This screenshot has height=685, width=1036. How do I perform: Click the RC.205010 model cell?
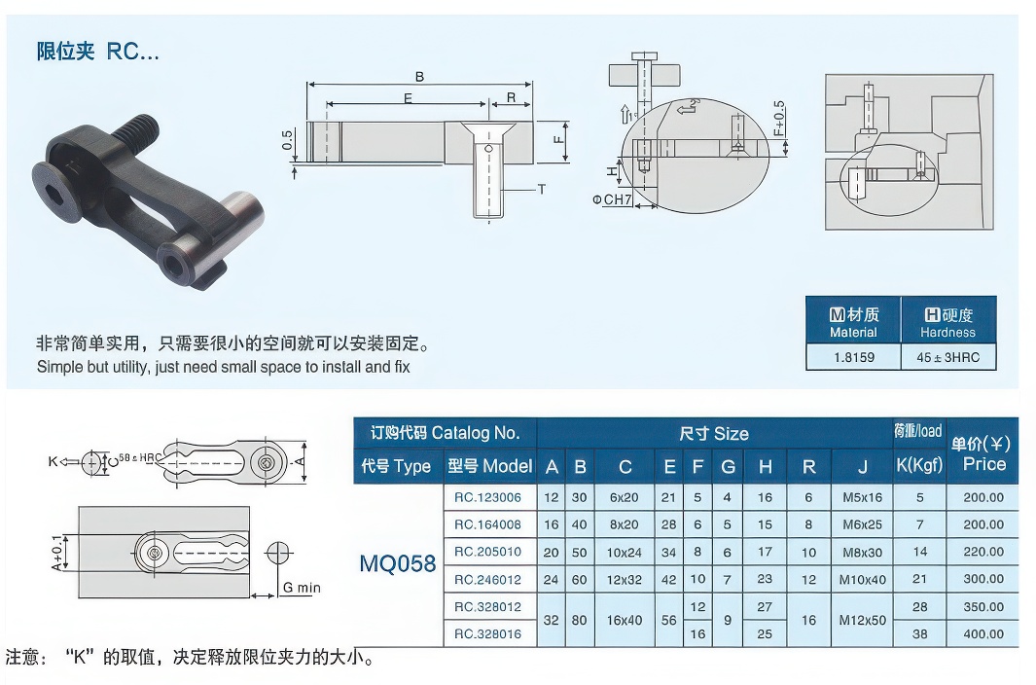(x=487, y=552)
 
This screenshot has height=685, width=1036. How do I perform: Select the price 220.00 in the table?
(x=983, y=552)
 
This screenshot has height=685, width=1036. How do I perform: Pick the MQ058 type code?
(x=397, y=564)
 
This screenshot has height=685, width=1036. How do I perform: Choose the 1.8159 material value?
(x=853, y=357)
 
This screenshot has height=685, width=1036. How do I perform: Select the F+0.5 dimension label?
(x=779, y=120)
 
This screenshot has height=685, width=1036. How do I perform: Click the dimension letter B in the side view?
(x=419, y=77)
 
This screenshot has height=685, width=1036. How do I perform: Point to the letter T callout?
(x=541, y=190)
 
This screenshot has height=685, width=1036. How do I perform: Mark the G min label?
(x=301, y=588)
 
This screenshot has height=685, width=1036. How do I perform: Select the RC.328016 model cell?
(x=487, y=633)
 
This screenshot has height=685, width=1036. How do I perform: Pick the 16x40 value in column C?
(x=625, y=620)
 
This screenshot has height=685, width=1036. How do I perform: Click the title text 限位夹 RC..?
(x=97, y=53)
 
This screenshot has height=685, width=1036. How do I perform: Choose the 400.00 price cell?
(x=983, y=633)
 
